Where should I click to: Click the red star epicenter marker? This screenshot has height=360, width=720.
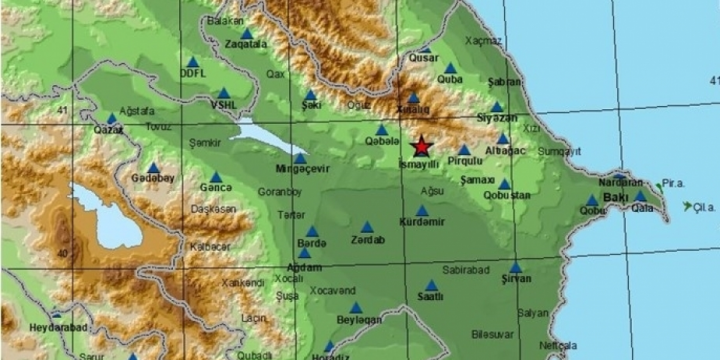pyautogui.click(x=421, y=145)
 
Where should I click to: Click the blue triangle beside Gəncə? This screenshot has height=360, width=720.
pyautogui.click(x=215, y=177)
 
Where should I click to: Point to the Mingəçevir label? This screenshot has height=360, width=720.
pyautogui.click(x=301, y=169)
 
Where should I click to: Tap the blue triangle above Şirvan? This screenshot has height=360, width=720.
pyautogui.click(x=515, y=267)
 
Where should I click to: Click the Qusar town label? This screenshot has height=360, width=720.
pyautogui.click(x=424, y=58)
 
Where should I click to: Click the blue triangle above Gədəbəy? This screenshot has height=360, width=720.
pyautogui.click(x=153, y=168)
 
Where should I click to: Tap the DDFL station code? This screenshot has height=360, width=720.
pyautogui.click(x=192, y=73)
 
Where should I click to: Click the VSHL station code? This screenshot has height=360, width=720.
pyautogui.click(x=223, y=104)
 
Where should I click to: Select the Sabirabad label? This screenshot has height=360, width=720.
pyautogui.click(x=465, y=269)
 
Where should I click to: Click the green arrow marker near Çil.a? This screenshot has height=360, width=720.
pyautogui.click(x=687, y=207)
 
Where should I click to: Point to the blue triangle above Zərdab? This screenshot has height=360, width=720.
pyautogui.click(x=367, y=227)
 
